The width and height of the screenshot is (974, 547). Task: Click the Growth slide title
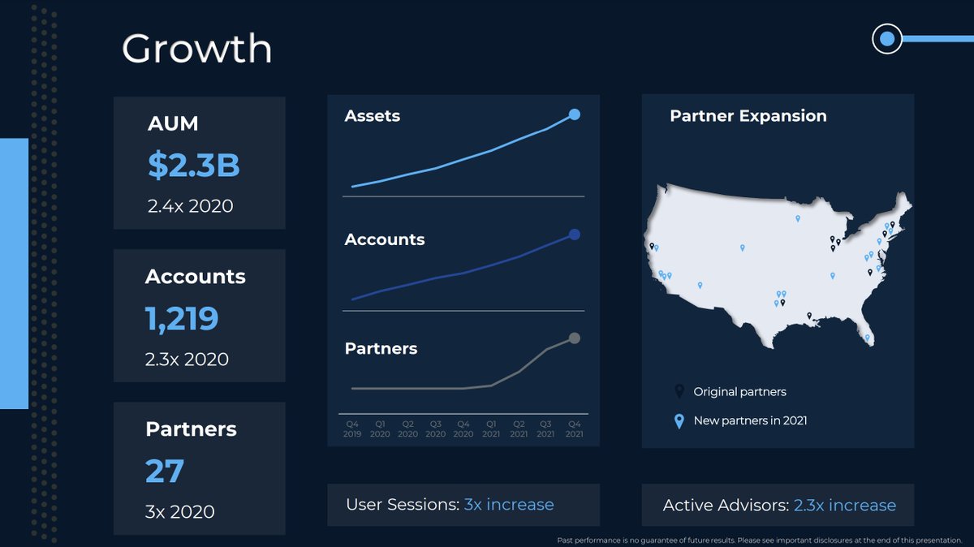196,50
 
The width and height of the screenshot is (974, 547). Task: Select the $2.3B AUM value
193,165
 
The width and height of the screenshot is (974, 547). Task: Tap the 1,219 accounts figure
182,318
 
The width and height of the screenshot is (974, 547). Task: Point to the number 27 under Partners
165,471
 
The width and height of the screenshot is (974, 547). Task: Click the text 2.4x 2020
190,206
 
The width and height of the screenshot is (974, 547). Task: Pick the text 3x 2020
180,512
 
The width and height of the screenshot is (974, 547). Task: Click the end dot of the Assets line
575,114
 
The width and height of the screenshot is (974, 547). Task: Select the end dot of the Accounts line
575,235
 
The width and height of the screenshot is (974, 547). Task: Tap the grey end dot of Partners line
575,338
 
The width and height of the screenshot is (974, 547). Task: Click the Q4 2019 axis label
352,429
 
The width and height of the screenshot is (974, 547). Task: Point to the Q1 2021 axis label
491,429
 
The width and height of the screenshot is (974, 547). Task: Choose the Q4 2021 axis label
574,429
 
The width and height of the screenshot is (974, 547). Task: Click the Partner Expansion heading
748,116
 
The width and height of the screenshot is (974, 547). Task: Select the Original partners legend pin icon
679,391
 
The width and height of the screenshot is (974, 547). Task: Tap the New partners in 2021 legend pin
679,420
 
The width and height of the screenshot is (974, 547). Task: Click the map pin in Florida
867,338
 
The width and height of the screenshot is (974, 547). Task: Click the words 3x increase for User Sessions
509,505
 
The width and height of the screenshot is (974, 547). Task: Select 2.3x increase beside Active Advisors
844,506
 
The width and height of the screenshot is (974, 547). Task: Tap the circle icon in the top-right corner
887,38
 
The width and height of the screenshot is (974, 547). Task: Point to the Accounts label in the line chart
385,239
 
